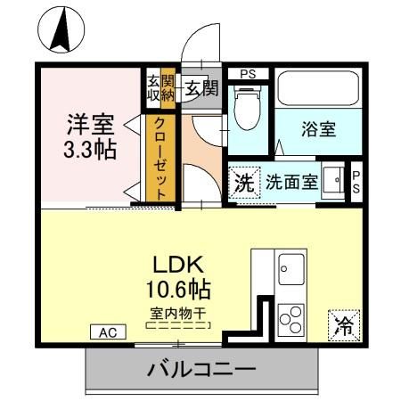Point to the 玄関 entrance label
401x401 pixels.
tap(201, 87)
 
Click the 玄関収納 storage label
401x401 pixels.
tap(160, 87)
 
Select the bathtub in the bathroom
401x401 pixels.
tap(315, 90)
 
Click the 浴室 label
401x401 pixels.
tap(317, 129)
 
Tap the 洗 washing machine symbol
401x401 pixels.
tap(243, 183)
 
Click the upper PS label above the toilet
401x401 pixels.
tap(246, 74)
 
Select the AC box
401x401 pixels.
tap(106, 332)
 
